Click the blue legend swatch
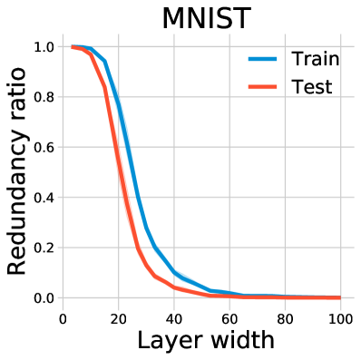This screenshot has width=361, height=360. pos(262,59)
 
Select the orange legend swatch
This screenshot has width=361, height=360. pos(262,87)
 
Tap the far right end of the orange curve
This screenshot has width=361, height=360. pos(339,297)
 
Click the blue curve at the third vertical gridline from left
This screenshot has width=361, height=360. pos(174,270)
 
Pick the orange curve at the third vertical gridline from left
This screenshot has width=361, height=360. pos(174,287)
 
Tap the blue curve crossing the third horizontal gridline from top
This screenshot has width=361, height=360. pos(127,147)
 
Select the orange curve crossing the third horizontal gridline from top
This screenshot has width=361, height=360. pos(115,147)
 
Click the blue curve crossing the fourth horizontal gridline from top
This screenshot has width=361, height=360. pos(137,197)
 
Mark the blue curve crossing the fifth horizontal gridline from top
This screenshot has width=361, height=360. pos(154,247)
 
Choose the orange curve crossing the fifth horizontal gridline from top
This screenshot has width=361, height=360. pos(137,247)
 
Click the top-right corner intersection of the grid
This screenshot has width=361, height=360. pos(341,47)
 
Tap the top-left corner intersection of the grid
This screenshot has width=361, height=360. pos(63,47)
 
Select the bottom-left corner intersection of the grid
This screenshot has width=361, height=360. pos(63,297)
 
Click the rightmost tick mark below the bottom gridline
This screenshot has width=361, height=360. pos(341,306)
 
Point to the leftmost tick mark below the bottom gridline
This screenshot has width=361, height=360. pos(63,306)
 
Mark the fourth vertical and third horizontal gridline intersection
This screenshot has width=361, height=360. pos(229,147)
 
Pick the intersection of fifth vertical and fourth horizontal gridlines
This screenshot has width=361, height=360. pos(285,197)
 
